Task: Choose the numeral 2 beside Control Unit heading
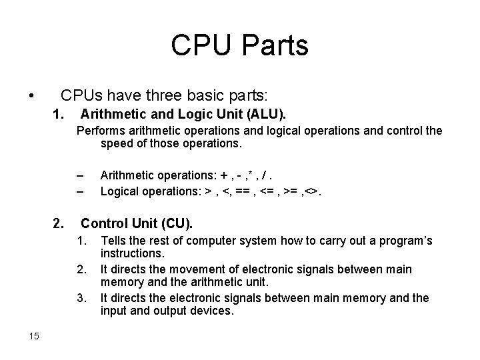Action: tap(59, 222)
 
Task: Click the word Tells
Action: tap(114, 241)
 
